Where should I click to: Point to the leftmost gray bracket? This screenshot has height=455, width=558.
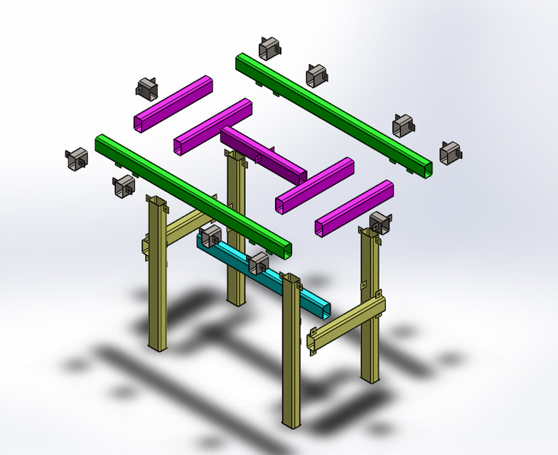point(75,160)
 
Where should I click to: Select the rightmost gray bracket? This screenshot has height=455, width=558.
point(451,152)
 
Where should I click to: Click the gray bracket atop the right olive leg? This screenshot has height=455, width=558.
point(380,222)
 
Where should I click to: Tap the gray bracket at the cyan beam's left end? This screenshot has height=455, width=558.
point(210,237)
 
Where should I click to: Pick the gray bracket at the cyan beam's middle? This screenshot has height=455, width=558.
point(258,263)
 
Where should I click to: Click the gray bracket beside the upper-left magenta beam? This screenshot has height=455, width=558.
point(147,87)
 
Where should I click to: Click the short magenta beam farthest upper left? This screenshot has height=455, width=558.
point(173,103)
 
